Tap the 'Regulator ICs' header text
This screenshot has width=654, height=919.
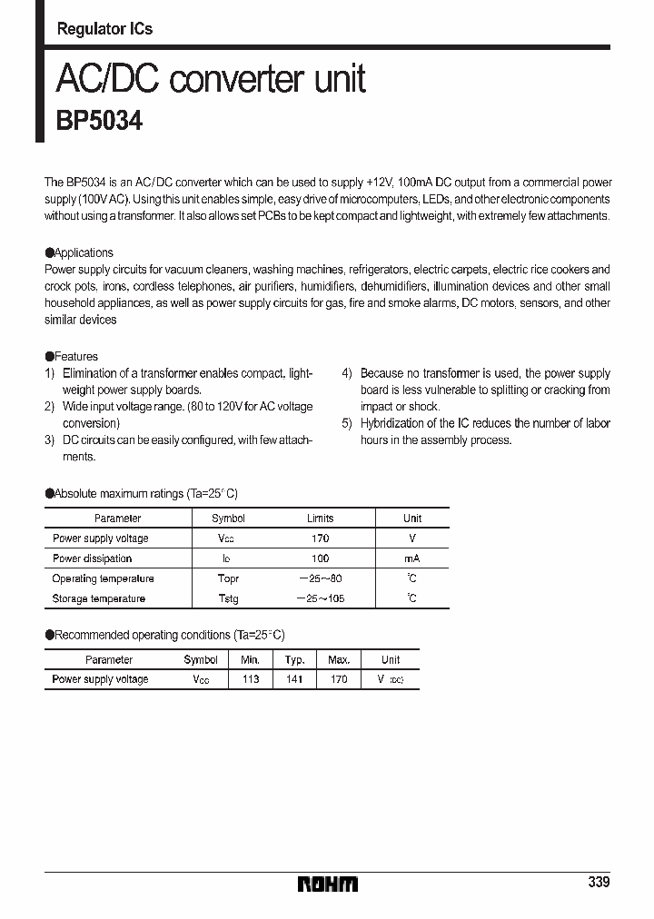[104, 29]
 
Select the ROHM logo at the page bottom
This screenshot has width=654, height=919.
[328, 884]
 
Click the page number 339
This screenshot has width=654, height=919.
[598, 883]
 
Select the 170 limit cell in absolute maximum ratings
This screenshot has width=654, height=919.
[320, 539]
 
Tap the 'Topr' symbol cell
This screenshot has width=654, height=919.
[228, 578]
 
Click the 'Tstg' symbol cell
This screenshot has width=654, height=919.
[228, 598]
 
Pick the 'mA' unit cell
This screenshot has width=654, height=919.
[411, 558]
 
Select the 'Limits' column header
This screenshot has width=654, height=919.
[320, 519]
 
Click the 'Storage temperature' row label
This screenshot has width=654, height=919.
[99, 598]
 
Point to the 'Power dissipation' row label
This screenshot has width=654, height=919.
[93, 558]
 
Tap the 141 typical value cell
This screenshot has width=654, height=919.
[294, 679]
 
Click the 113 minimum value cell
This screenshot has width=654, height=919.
[250, 679]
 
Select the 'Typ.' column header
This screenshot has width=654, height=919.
[294, 660]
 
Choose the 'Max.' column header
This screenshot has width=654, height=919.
[339, 660]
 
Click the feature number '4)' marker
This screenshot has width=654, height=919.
[347, 373]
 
